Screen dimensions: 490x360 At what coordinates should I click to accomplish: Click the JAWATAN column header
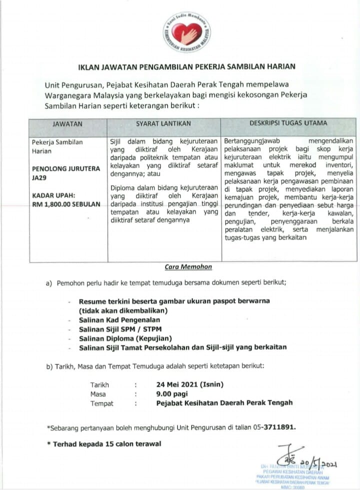tap(67, 123)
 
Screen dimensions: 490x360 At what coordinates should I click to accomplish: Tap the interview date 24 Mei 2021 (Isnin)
tap(190, 384)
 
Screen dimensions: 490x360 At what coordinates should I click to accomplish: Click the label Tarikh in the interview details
tap(99, 384)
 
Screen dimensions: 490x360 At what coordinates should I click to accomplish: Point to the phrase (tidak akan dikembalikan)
tap(122, 310)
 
